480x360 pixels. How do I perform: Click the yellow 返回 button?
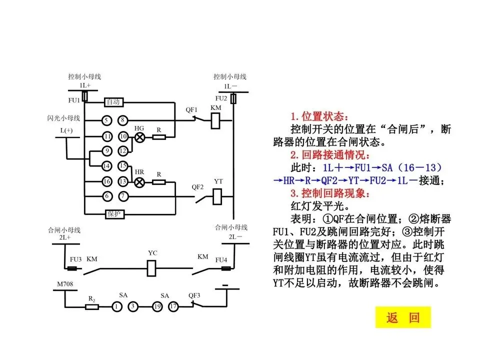coord(402,317)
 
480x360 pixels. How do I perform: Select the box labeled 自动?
coord(113,102)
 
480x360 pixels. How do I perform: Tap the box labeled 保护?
coord(114,213)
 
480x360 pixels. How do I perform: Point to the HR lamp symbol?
coord(139,182)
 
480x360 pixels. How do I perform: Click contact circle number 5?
coord(106,120)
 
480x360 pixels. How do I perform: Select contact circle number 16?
coord(106,181)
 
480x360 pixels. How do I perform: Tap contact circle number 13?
coord(123,181)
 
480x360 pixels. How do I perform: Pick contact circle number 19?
coord(156,306)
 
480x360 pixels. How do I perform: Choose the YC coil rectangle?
coord(152,269)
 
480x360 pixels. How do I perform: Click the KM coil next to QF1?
coord(216,120)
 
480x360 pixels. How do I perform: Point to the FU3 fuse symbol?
coord(72,269)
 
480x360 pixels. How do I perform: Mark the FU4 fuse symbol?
coord(226,269)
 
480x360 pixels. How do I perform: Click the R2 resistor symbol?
coord(92,306)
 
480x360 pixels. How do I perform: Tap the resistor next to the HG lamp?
coord(159,136)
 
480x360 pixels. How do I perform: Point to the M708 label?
coord(65,284)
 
